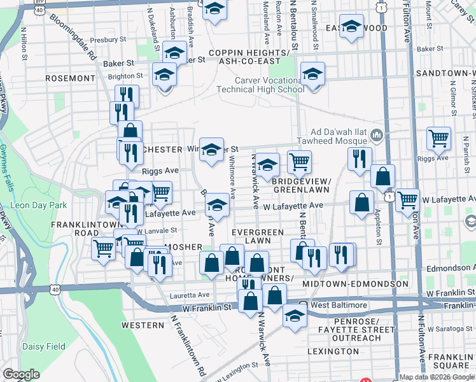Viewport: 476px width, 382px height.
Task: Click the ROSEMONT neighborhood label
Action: [70, 78]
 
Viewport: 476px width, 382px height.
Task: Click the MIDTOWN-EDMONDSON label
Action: [356, 283]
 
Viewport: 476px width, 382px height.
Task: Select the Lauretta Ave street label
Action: [190, 295]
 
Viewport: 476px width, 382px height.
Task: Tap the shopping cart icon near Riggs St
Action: [438, 138]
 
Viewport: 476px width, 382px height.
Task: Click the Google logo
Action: [21, 374]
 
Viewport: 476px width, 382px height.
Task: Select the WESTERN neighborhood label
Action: [143, 325]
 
